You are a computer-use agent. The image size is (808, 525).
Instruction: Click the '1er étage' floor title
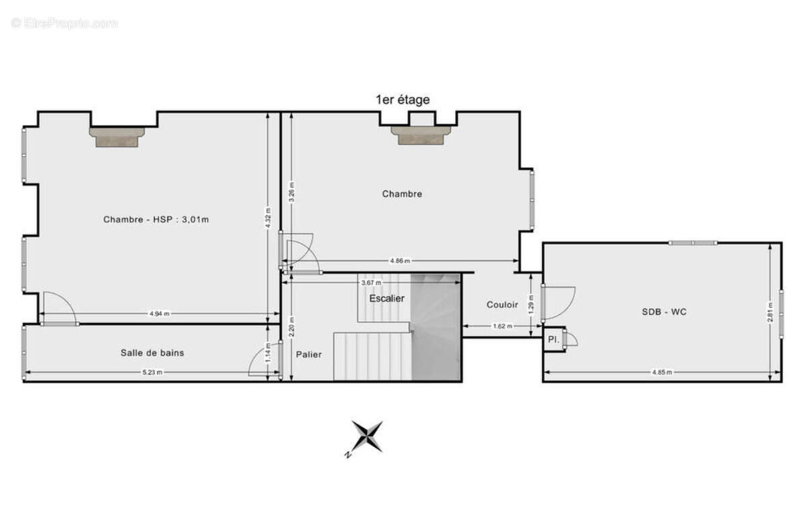point(403,100)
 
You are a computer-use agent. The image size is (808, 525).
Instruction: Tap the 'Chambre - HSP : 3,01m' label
point(156,219)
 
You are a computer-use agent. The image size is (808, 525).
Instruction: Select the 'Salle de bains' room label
point(152,353)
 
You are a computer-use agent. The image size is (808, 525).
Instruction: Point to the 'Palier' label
point(309,355)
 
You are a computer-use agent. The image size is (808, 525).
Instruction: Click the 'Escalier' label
point(386,298)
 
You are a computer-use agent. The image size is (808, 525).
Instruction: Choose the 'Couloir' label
point(502,305)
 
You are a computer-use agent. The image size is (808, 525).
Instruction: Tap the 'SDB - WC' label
point(664,312)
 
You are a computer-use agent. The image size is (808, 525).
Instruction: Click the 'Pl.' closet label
point(553,339)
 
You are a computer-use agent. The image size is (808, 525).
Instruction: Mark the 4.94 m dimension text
point(160,314)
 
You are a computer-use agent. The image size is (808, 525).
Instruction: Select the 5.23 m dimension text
point(152,372)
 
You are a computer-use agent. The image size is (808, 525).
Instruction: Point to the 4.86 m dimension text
point(400,260)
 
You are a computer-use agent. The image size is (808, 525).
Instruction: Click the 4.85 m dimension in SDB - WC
point(662,372)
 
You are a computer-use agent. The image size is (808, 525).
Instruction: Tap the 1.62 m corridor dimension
point(502,326)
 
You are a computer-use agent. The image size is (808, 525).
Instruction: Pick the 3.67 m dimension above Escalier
point(371,283)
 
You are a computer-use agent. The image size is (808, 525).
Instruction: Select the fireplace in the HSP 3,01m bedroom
point(117,137)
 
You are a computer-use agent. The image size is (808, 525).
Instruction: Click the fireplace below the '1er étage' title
point(421,135)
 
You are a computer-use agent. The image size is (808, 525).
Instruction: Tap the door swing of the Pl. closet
point(571,339)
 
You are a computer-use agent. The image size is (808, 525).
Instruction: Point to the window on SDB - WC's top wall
point(693,243)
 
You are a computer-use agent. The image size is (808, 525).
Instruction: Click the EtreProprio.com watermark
point(64,24)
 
